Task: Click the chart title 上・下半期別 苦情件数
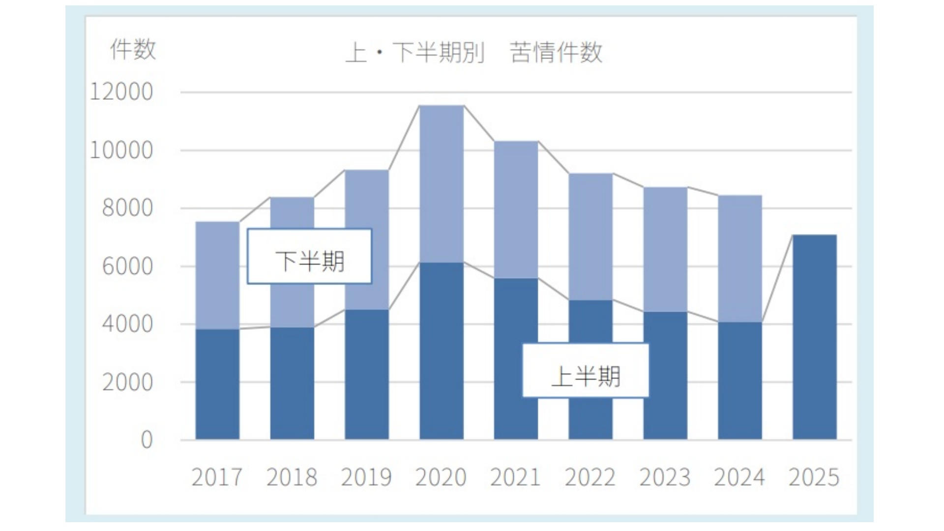click(473, 52)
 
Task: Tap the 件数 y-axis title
click(133, 50)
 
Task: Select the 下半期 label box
click(309, 257)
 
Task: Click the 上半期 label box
click(585, 371)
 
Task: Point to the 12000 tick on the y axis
click(121, 92)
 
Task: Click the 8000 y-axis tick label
click(127, 208)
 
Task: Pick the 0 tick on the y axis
click(147, 440)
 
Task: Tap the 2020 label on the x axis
click(441, 477)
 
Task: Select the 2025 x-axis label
click(814, 477)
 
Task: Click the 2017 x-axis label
click(217, 477)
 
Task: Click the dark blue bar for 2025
click(814, 337)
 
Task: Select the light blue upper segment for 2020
click(442, 184)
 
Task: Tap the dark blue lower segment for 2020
click(442, 351)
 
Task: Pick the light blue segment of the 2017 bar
click(217, 275)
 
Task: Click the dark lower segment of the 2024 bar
click(739, 381)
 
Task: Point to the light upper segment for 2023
click(665, 249)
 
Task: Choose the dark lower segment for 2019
click(366, 375)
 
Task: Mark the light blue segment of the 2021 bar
click(516, 209)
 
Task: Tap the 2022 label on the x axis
click(590, 477)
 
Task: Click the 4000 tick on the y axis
click(127, 324)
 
